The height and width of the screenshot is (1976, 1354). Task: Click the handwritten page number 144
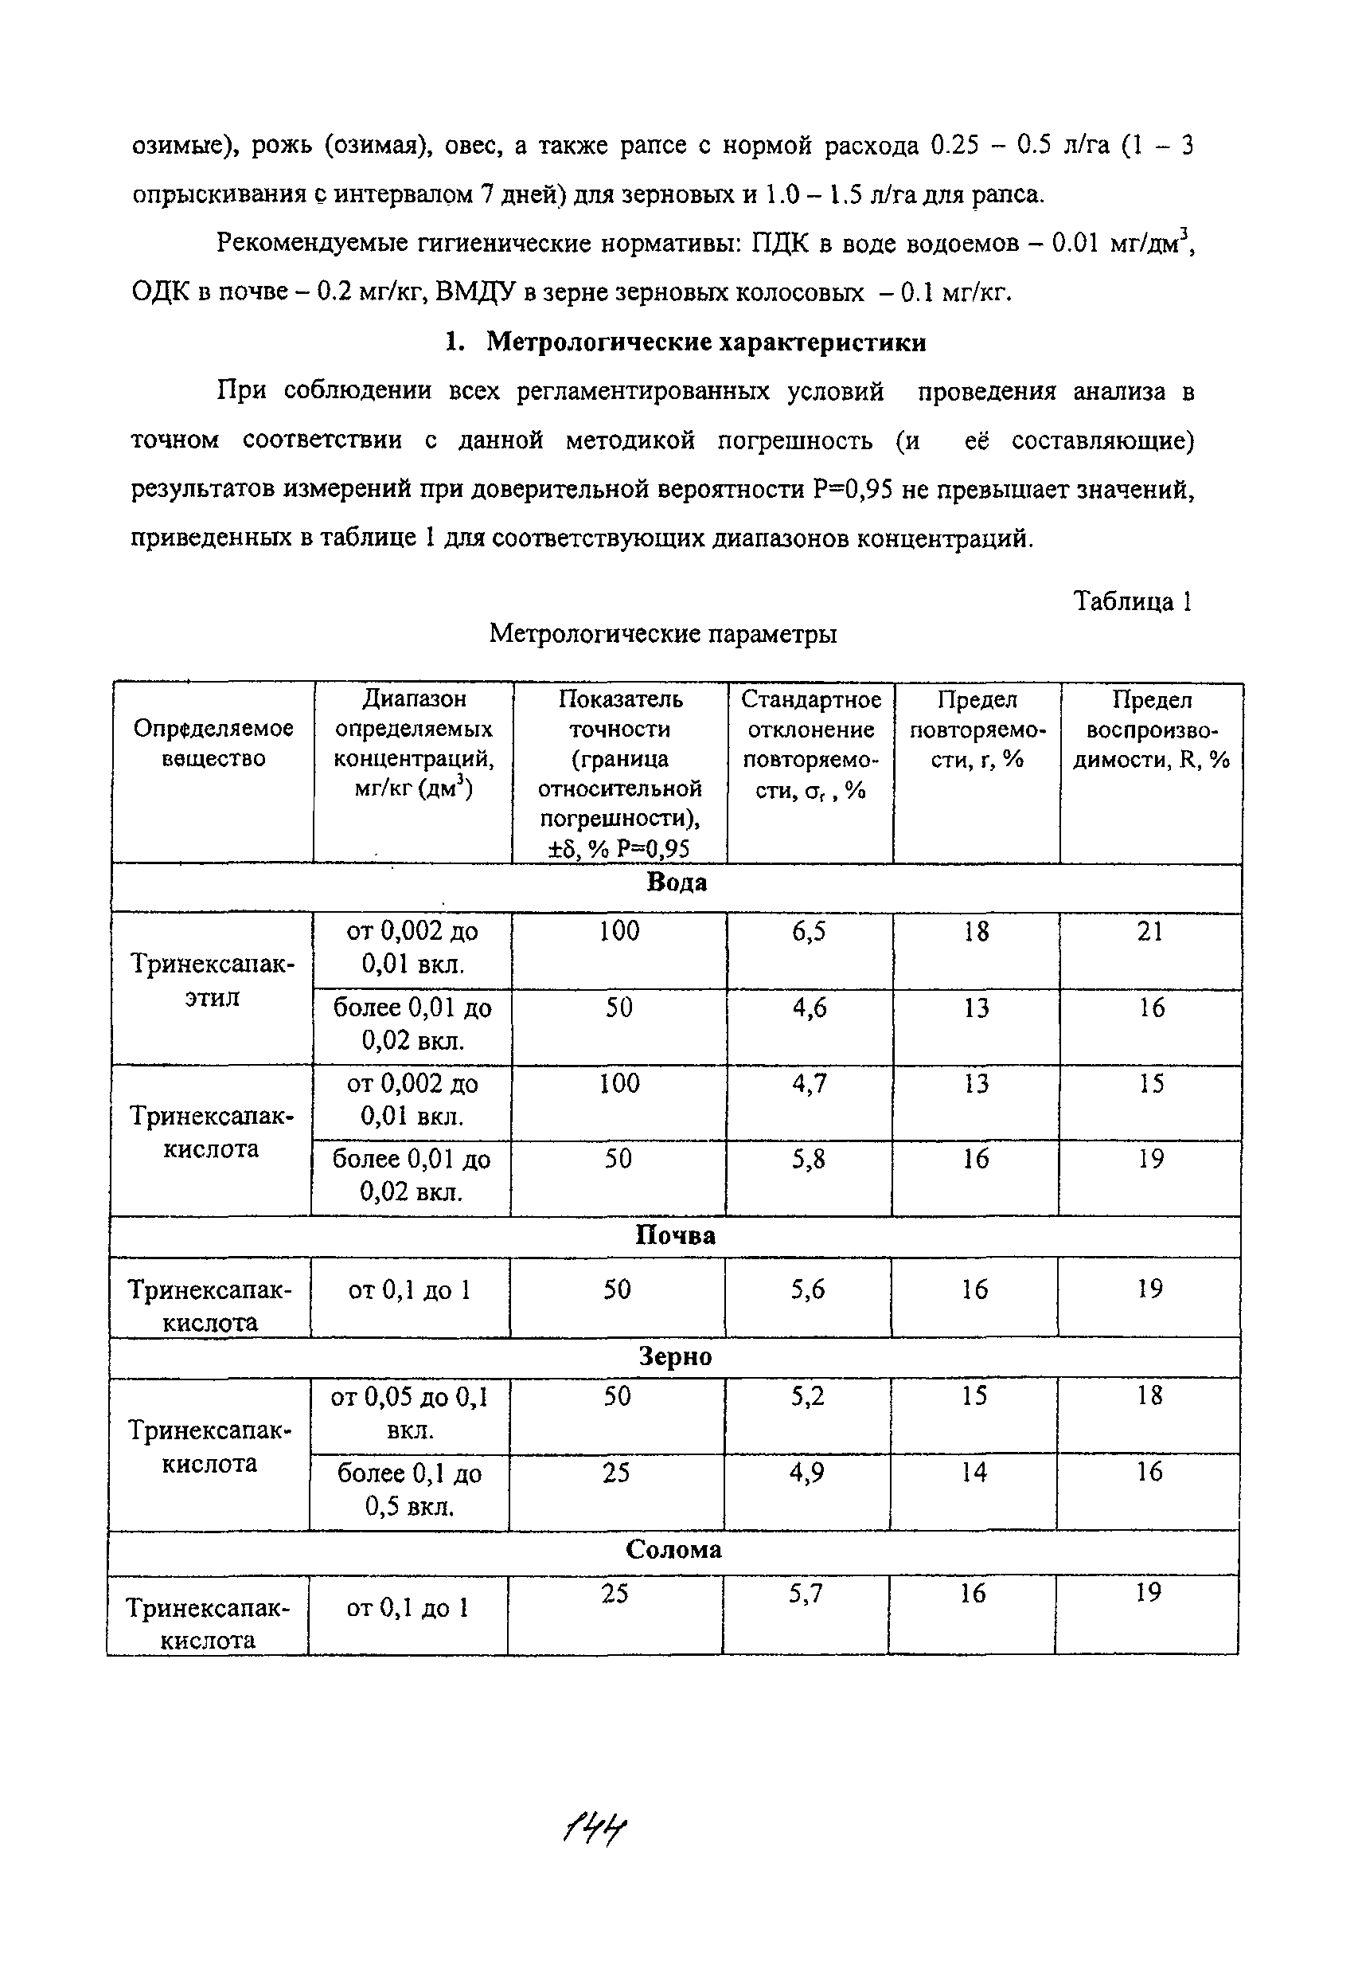(595, 1825)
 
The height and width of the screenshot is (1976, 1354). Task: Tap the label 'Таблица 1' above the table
(1131, 601)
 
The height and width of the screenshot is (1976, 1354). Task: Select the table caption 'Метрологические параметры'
(663, 633)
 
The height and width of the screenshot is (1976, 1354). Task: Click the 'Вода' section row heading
(677, 882)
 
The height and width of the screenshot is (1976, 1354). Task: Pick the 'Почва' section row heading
(675, 1235)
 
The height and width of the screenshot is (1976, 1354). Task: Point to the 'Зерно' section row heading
(675, 1356)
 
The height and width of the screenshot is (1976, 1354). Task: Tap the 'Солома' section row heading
(673, 1549)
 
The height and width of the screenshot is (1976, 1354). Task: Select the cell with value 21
(1150, 932)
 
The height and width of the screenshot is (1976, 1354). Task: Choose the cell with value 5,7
(805, 1593)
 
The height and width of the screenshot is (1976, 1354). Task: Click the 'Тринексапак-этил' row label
(213, 980)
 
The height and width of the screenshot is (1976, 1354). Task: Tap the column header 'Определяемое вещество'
(213, 743)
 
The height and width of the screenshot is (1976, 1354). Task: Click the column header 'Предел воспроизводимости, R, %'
(1152, 730)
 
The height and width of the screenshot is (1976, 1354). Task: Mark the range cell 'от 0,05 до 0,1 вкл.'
(410, 1413)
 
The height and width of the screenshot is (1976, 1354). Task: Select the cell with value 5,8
(808, 1160)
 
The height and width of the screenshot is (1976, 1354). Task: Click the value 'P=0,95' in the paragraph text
(853, 490)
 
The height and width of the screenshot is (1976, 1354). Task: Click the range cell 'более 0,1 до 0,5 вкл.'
(410, 1489)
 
